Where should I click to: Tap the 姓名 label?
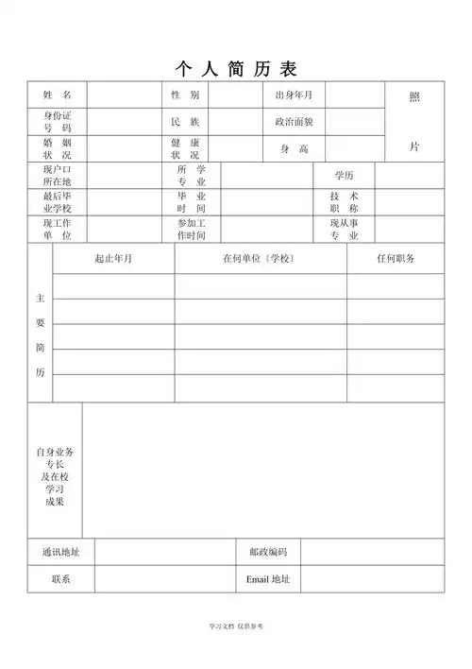pos(57,95)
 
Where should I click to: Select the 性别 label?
pos(185,95)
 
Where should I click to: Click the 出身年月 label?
pos(294,95)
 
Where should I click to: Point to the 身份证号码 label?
pos(57,121)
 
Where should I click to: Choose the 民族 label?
pos(185,122)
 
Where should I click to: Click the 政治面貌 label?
pos(294,122)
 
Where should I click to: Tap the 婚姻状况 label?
pos(57,148)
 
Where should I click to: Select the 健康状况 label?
pos(185,148)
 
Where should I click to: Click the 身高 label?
pos(294,149)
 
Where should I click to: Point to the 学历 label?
pos(344,176)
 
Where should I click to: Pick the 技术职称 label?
pos(344,202)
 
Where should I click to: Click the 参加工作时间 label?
pos(191,230)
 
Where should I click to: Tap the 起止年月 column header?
pos(113,259)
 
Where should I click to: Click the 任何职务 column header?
pos(396,259)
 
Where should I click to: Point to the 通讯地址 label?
pos(60,552)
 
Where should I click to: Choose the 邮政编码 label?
pos(268,552)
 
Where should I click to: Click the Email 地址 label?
pos(268,579)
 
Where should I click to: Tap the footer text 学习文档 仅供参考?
pos(236,626)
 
